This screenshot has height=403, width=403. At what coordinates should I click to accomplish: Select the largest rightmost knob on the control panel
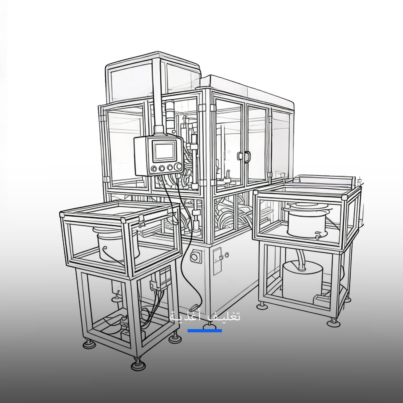[x=178, y=167]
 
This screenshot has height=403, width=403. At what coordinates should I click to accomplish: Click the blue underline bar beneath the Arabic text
[x=205, y=331]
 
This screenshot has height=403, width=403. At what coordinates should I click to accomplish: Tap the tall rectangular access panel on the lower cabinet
[x=217, y=261]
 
